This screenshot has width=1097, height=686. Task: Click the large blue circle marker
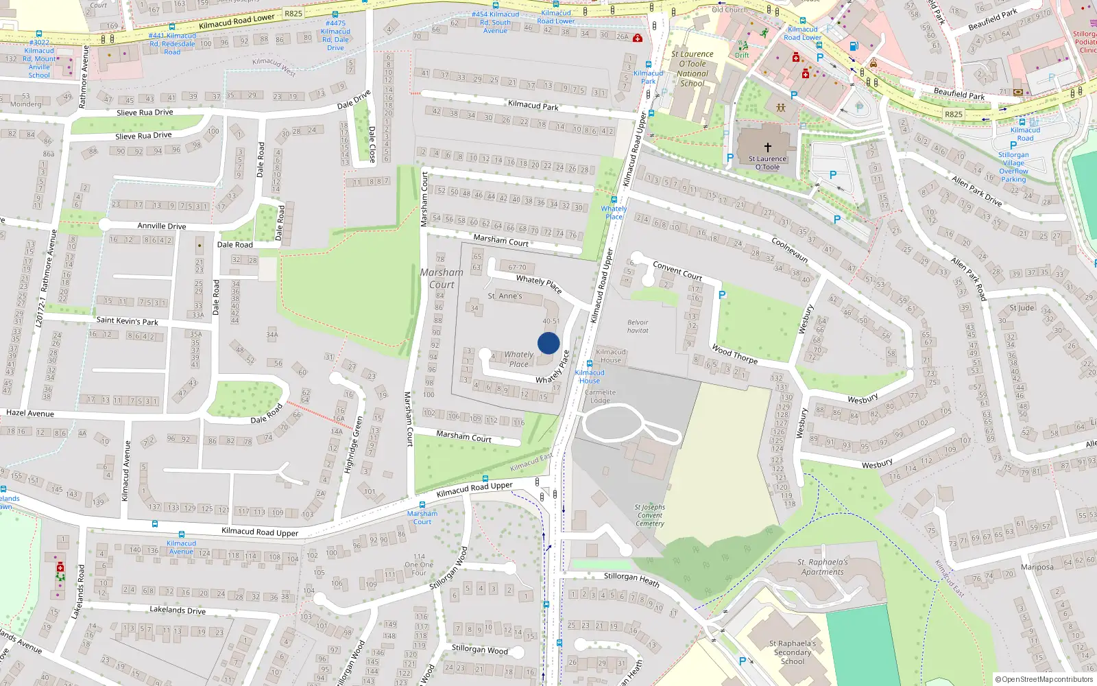click(x=548, y=343)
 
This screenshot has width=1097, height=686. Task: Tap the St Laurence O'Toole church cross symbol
click(x=768, y=147)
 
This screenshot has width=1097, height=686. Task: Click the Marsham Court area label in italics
click(x=442, y=279)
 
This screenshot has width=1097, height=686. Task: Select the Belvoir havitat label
click(x=638, y=327)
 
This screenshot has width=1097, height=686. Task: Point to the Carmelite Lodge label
click(x=600, y=397)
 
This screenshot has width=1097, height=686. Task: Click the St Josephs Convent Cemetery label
click(x=649, y=515)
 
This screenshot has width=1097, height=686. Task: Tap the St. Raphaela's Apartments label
click(x=823, y=567)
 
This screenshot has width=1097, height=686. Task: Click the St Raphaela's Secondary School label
click(x=793, y=652)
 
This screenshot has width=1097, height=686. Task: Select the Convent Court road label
click(x=677, y=270)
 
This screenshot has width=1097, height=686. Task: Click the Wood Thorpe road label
click(x=734, y=354)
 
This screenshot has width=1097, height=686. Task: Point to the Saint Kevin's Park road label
click(x=127, y=321)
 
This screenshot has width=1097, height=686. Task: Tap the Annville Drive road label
click(x=162, y=226)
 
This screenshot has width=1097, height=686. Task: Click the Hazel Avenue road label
click(x=30, y=413)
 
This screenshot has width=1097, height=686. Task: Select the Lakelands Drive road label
click(x=178, y=610)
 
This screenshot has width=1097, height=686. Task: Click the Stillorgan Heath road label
click(x=631, y=579)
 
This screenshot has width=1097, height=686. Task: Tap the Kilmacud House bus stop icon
click(x=590, y=364)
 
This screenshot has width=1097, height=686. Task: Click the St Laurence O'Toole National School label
click(x=692, y=69)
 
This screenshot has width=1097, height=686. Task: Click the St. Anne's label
click(x=505, y=296)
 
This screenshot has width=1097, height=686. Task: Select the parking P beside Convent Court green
click(x=722, y=295)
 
